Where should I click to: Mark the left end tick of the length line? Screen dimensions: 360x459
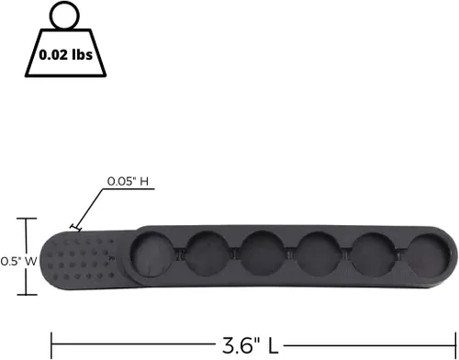(52, 345)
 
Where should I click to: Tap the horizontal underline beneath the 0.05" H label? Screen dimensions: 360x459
(128, 188)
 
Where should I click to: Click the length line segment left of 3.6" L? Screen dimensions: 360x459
(133, 345)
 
